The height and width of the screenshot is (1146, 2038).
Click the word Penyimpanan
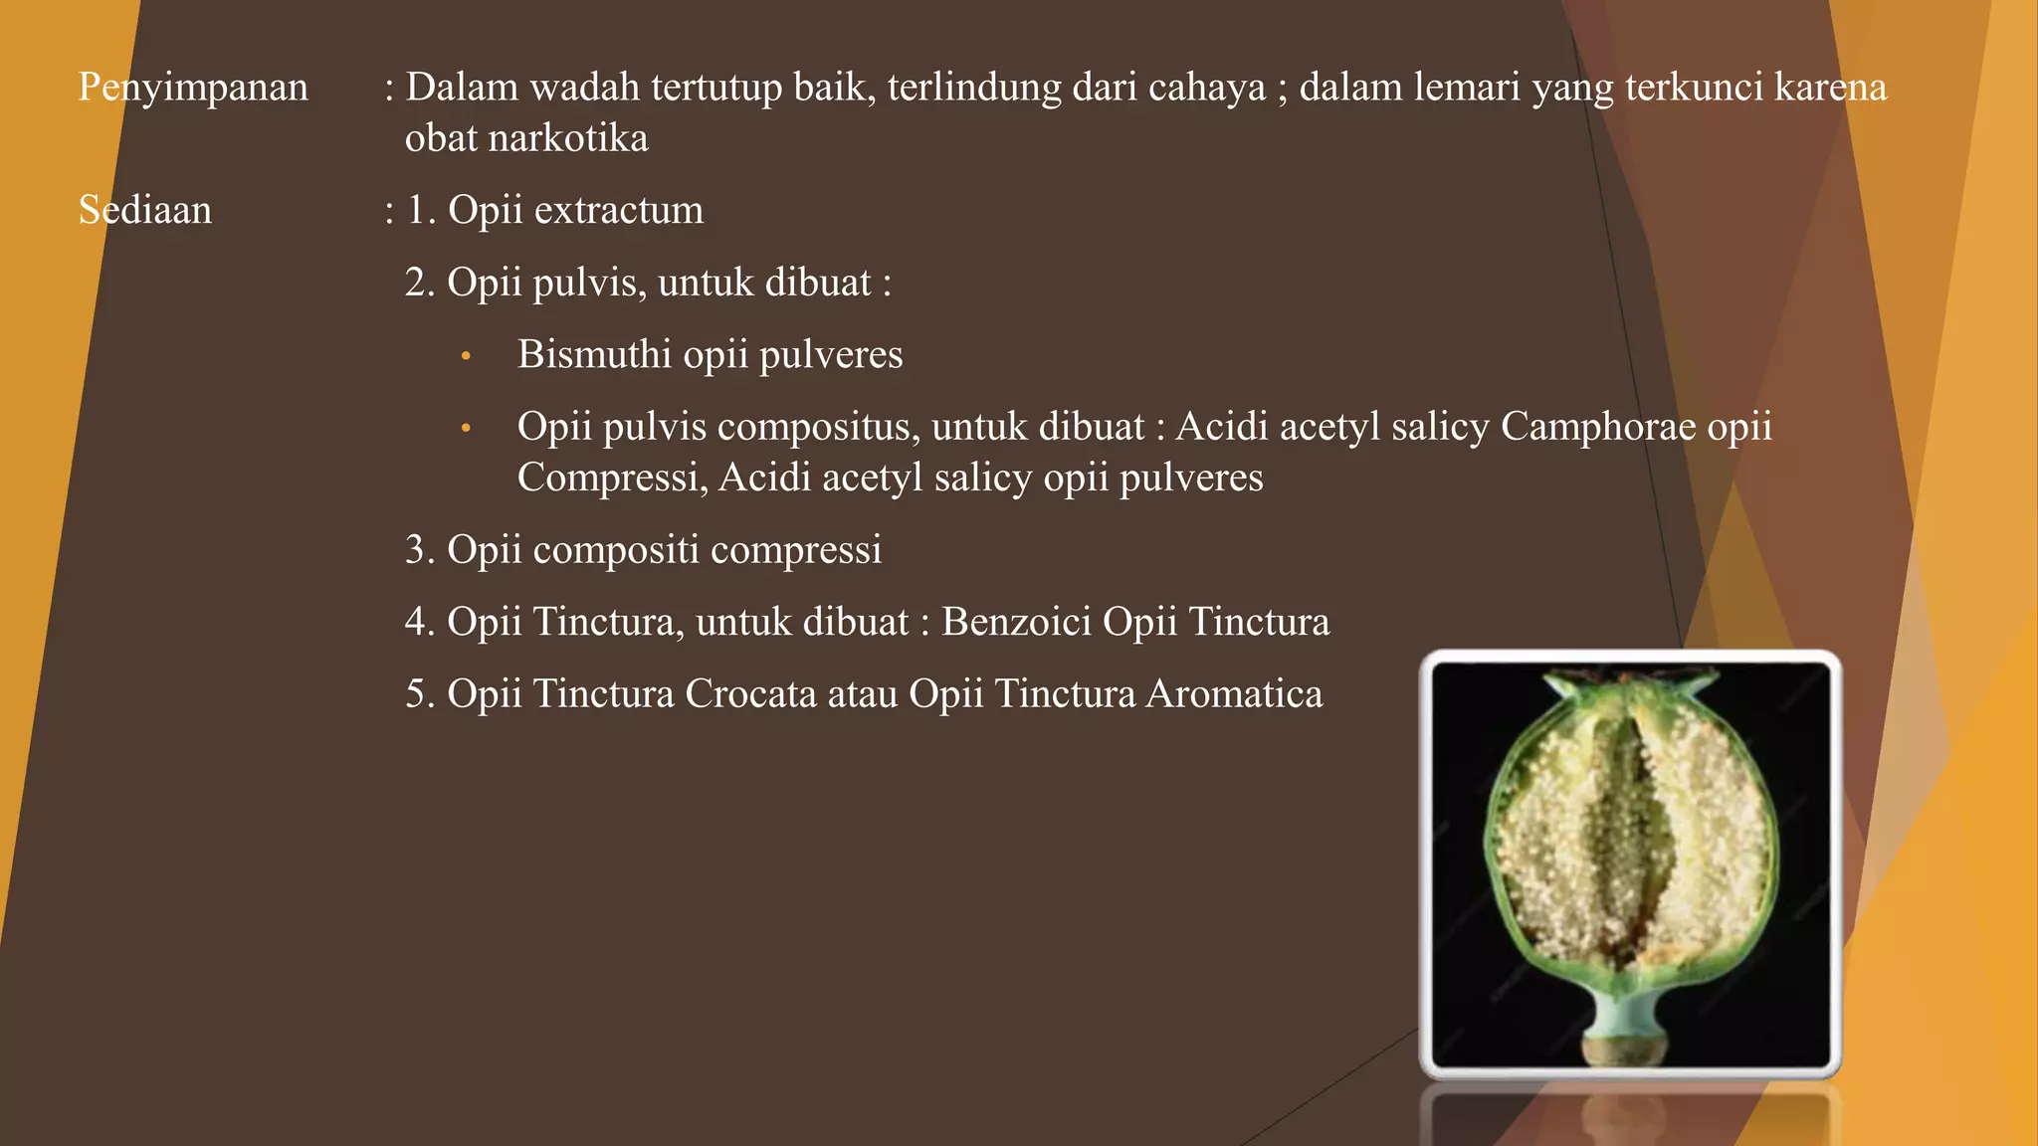pos(193,89)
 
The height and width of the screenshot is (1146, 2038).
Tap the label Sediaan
pos(145,211)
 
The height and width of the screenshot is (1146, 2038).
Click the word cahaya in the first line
pos(1207,89)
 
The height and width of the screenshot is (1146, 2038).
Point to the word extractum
pos(618,211)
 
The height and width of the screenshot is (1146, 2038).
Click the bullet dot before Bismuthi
pos(465,356)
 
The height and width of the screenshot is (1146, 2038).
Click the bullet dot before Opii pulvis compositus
pos(465,429)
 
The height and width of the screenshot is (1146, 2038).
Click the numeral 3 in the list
pos(415,550)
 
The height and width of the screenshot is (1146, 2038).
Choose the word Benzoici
pos(1016,622)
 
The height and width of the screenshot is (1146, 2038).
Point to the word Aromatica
pos(1234,694)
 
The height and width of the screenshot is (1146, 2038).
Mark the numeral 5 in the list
pos(415,694)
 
